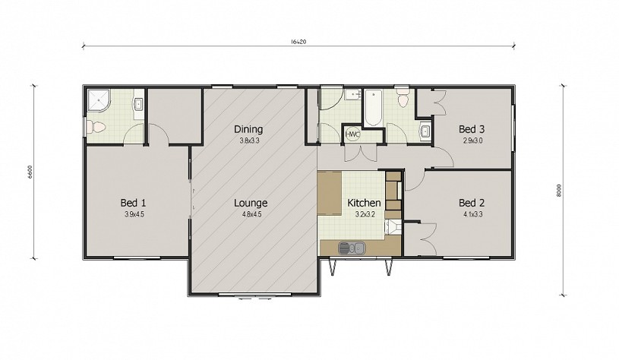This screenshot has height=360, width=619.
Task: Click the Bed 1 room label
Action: pyautogui.click(x=133, y=203)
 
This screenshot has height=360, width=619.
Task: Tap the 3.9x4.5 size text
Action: pyautogui.click(x=134, y=215)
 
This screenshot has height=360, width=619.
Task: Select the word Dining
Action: pyautogui.click(x=248, y=129)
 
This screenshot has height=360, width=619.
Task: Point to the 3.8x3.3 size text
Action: pyautogui.click(x=249, y=141)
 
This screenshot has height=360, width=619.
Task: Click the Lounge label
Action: pyautogui.click(x=251, y=203)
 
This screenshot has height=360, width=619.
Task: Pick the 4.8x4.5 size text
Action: pyautogui.click(x=252, y=215)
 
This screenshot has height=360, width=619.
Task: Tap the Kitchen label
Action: pyautogui.click(x=364, y=203)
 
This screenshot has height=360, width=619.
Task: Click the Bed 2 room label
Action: pyautogui.click(x=472, y=203)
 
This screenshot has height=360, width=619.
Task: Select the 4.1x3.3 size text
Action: pyautogui.click(x=472, y=215)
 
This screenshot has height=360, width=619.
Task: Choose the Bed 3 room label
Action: pyautogui.click(x=472, y=129)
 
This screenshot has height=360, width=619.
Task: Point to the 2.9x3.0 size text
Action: pyautogui.click(x=472, y=141)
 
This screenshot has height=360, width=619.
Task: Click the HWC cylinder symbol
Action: pyautogui.click(x=352, y=134)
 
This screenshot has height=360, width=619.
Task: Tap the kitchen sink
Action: pyautogui.click(x=352, y=248)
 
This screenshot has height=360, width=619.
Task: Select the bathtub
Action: pyautogui.click(x=373, y=108)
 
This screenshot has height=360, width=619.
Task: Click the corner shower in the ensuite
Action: pyautogui.click(x=98, y=101)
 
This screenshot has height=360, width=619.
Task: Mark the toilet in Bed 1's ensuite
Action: pyautogui.click(x=96, y=127)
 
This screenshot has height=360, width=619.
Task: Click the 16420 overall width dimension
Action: pyautogui.click(x=298, y=42)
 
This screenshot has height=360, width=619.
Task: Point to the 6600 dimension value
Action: pyautogui.click(x=30, y=172)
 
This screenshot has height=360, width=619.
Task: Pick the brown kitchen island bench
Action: pyautogui.click(x=330, y=194)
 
